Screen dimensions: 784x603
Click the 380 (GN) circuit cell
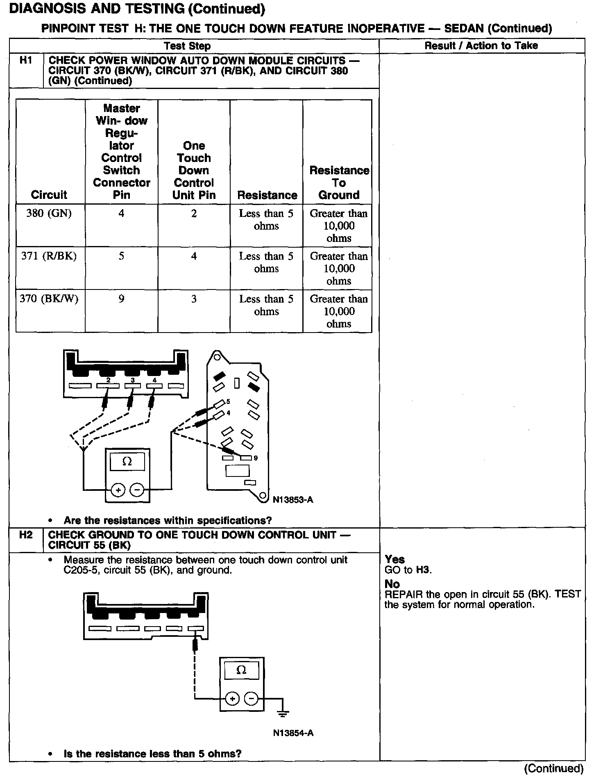coord(49,214)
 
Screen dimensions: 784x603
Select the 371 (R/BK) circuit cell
coord(49,256)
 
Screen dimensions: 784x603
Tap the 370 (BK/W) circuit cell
coord(49,299)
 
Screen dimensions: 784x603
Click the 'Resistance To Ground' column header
coord(339,182)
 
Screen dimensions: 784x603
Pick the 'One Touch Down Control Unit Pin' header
coord(194,170)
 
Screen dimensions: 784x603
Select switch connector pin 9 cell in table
coord(121,299)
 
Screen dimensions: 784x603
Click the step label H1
coord(25,61)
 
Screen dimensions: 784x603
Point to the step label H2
coord(25,535)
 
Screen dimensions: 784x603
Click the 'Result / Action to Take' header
coord(481,46)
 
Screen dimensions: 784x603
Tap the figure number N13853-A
coord(293,499)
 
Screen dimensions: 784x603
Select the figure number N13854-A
coord(293,733)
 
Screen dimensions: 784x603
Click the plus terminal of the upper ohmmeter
coord(118,490)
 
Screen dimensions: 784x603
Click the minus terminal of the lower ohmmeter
coord(252,698)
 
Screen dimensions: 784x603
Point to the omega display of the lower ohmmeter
coord(241,670)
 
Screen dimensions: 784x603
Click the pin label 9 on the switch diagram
coord(256,458)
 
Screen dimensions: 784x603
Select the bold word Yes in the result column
coord(395,560)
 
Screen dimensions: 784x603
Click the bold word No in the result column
coord(392,584)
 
